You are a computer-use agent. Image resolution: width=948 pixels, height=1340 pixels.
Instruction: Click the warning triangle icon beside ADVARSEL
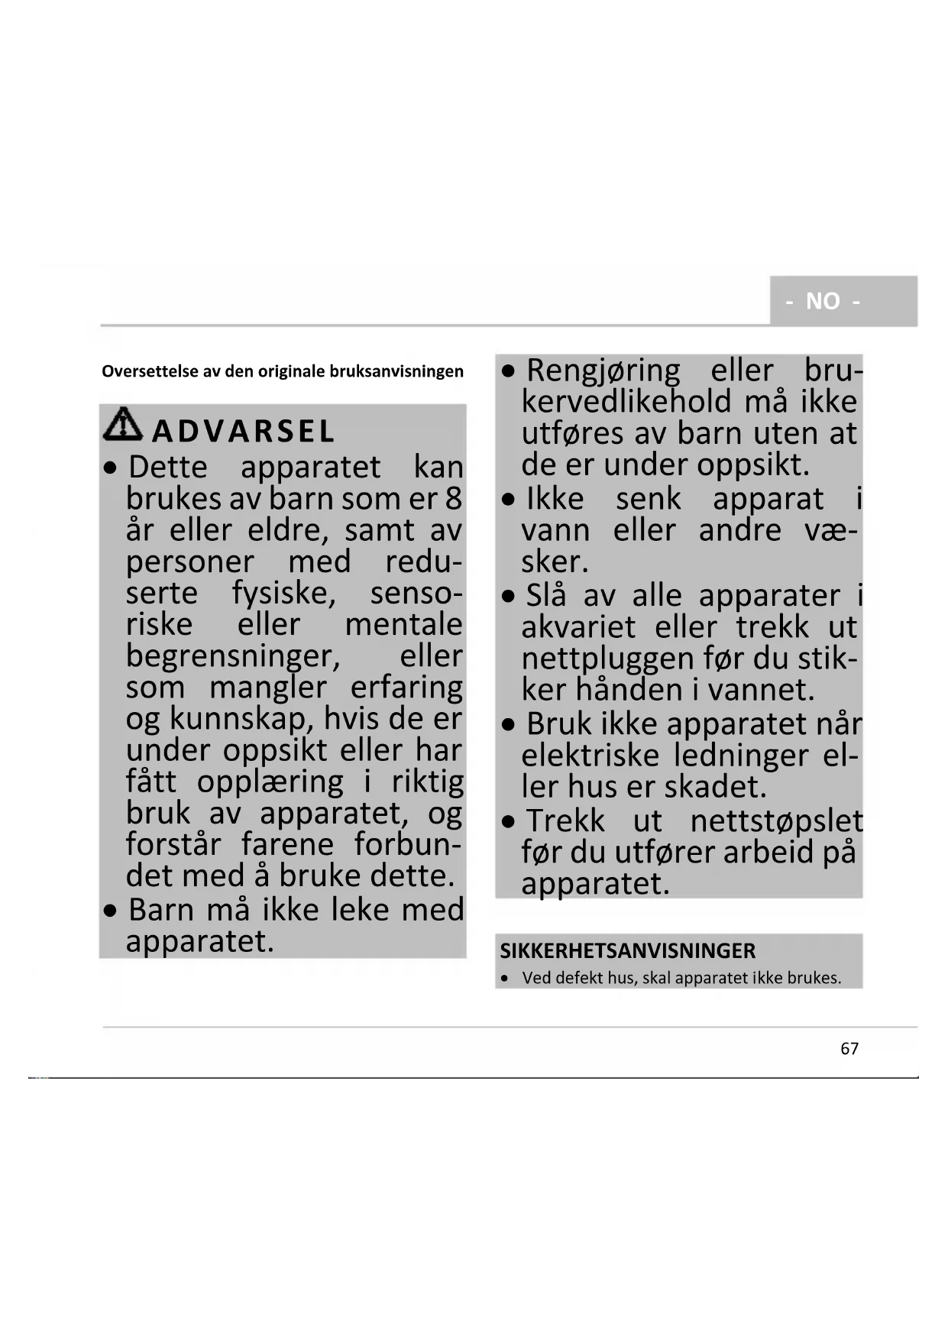pos(122,425)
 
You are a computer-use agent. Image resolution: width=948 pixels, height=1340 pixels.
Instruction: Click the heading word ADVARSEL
pos(243,432)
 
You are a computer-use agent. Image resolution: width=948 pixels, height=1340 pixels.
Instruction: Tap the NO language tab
pos(823,301)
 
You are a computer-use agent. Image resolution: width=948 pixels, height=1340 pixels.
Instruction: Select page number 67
pos(849,1049)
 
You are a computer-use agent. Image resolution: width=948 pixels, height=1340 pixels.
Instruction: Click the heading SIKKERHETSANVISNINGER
pos(627,951)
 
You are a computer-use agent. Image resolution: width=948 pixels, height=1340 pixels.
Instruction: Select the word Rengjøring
pos(603,371)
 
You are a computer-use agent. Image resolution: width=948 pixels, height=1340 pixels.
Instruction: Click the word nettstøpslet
pos(776,821)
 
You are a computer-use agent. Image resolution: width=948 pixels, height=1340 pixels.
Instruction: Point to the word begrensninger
pos(233,656)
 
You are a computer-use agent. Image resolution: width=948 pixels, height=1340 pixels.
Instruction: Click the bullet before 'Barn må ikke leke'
pos(112,911)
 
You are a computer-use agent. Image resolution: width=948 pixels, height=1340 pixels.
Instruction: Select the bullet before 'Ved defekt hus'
pos(505,979)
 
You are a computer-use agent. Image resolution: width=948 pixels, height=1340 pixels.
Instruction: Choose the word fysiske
pos(283,594)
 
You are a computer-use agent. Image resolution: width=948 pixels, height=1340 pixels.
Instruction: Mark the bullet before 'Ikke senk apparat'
pos(509,500)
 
